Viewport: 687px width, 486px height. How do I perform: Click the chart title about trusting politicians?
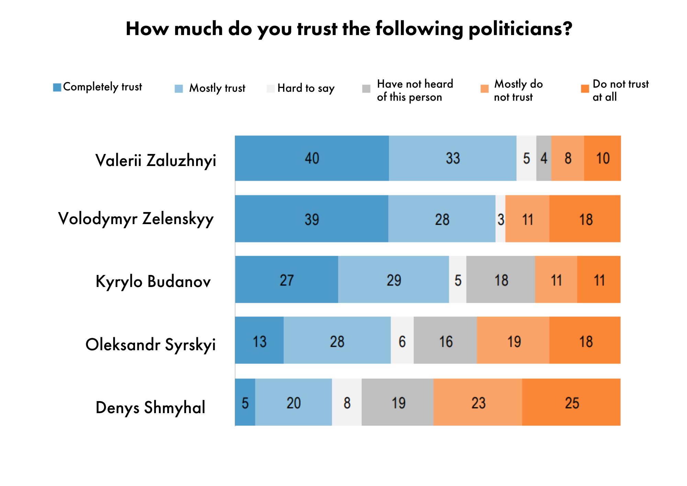tap(349, 29)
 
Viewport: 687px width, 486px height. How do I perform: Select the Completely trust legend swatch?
tap(57, 87)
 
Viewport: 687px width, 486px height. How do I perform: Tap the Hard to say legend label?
tap(306, 88)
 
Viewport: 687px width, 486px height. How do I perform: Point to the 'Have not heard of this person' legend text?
tap(415, 90)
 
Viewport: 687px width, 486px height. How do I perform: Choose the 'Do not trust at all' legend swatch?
tap(585, 89)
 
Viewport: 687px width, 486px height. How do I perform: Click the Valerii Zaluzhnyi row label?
tap(156, 161)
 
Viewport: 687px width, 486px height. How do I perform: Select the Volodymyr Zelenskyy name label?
tap(136, 219)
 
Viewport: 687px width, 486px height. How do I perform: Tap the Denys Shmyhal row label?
tap(150, 408)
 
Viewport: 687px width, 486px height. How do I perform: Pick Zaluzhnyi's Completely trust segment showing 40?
tap(312, 158)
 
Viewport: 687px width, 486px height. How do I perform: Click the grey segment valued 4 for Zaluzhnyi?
tap(544, 158)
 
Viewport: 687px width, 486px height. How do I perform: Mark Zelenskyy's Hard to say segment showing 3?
tap(500, 219)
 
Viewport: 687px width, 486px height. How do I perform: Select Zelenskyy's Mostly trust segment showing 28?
tap(442, 219)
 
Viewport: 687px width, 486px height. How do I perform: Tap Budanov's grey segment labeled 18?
tap(501, 280)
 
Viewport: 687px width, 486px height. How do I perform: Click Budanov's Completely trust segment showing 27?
tap(286, 280)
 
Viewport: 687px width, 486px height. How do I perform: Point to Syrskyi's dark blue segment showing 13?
tap(259, 341)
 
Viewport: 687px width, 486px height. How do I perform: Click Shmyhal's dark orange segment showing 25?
tap(572, 402)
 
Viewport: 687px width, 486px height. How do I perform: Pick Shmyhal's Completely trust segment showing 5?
tap(245, 402)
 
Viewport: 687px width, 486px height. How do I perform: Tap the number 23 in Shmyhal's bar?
tap(478, 403)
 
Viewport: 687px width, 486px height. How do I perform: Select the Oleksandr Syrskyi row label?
tap(150, 345)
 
